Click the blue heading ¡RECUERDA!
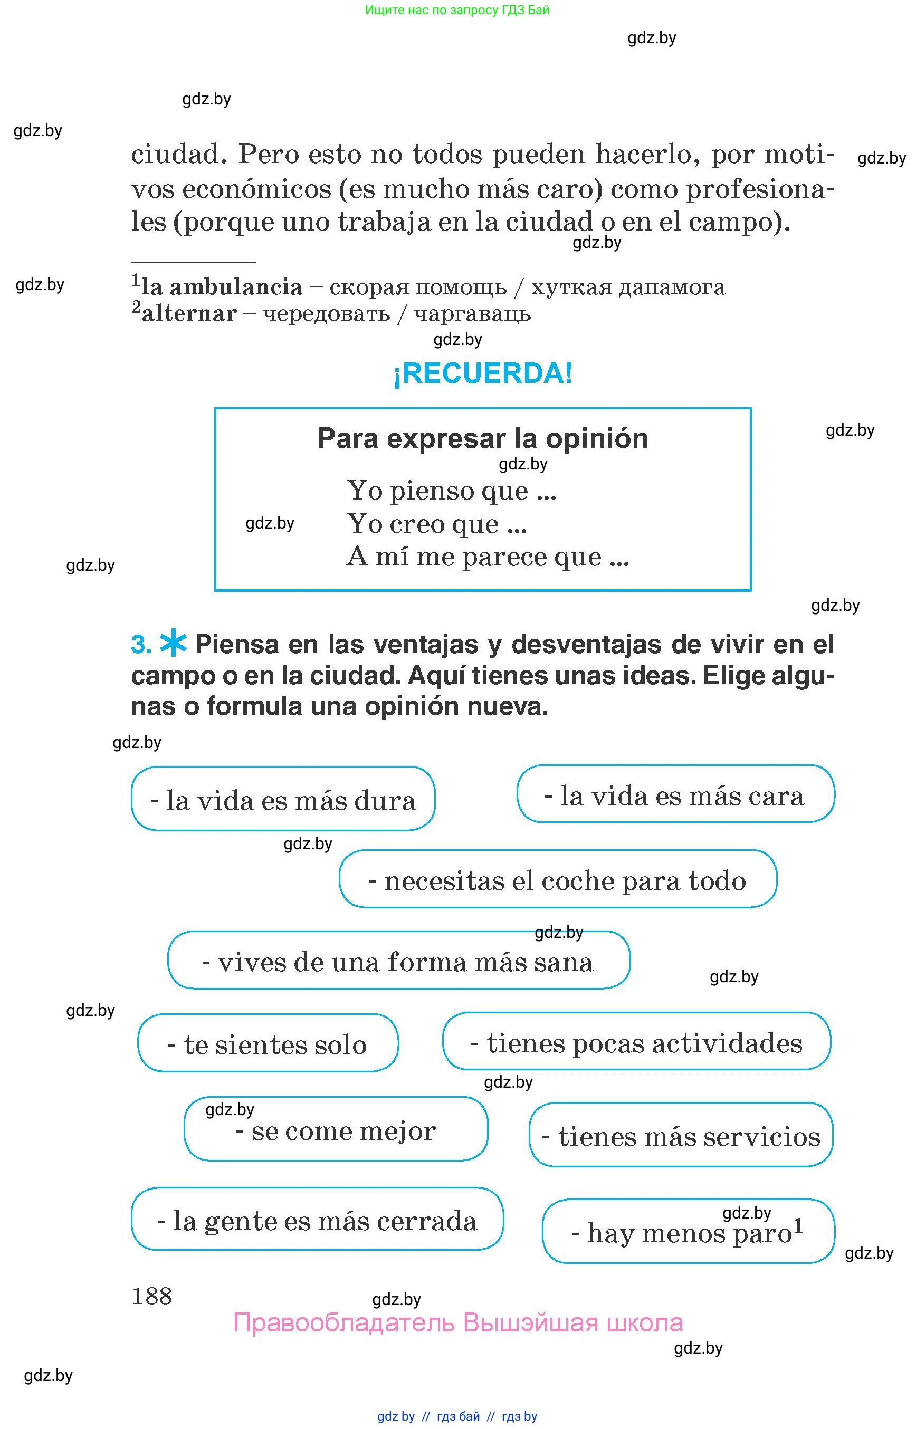point(482,373)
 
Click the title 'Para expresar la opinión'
point(482,438)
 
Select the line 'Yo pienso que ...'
point(452,491)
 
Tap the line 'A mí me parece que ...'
point(487,557)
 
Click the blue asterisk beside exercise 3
point(173,643)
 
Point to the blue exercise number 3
point(141,645)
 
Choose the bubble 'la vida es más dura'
point(283,799)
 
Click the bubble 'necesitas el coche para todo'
point(557,879)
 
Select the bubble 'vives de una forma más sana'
point(398,961)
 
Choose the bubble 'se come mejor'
point(336,1130)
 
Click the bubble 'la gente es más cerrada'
point(317,1220)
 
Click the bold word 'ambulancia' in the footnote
point(236,287)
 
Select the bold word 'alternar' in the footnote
point(189,313)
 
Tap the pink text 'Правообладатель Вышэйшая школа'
point(457,1322)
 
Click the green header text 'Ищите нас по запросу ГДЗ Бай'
point(457,10)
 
